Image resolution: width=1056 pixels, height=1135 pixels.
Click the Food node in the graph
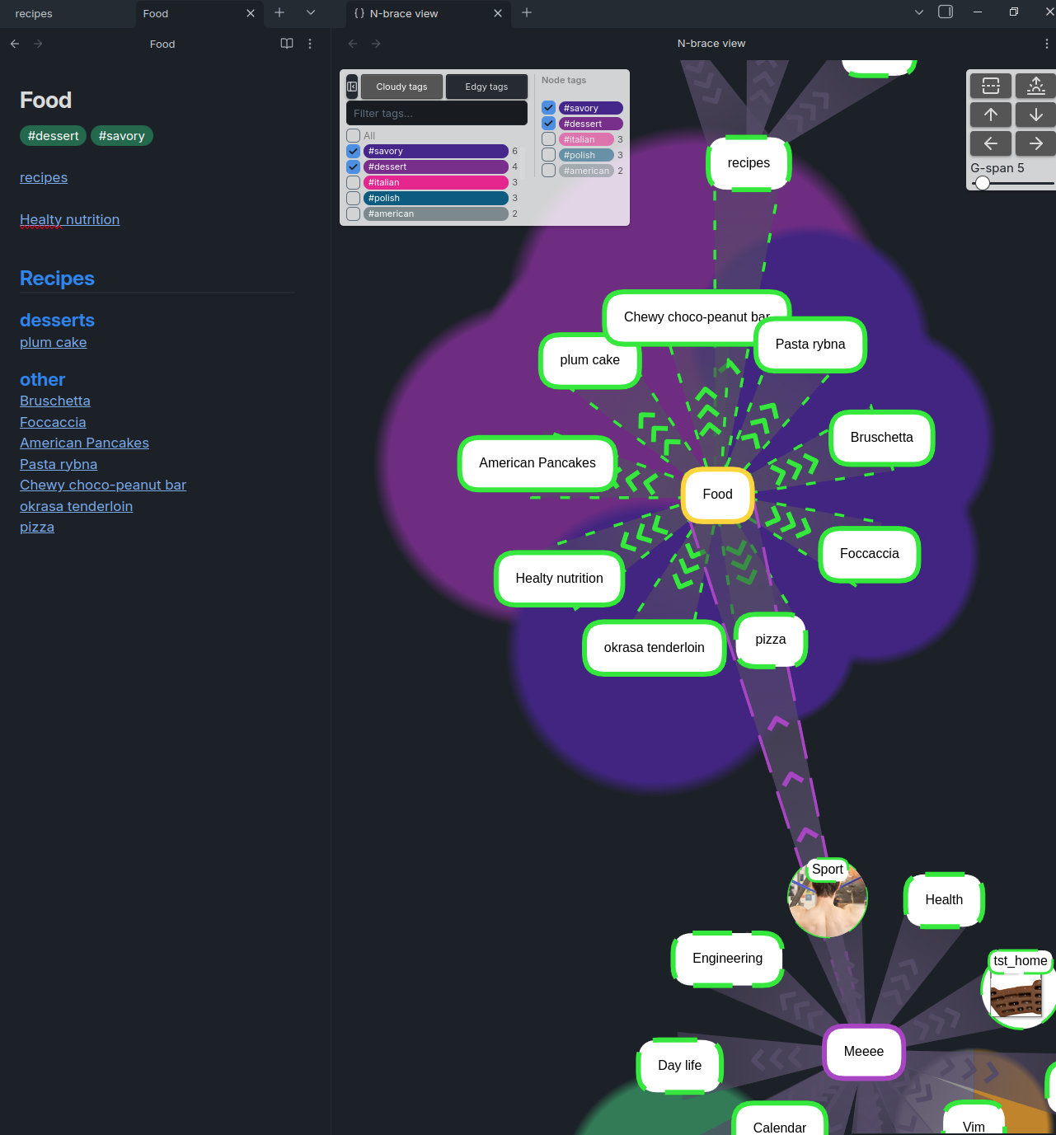pyautogui.click(x=717, y=495)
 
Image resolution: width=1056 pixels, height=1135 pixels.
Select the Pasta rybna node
pyautogui.click(x=810, y=345)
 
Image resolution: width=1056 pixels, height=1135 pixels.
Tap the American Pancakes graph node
pyautogui.click(x=537, y=463)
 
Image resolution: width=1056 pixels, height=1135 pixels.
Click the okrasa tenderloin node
pyautogui.click(x=654, y=648)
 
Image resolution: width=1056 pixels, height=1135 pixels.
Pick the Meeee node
pyautogui.click(x=863, y=1052)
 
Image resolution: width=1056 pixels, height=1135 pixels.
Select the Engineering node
pyautogui.click(x=727, y=959)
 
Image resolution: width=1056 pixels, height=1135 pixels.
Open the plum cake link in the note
pyautogui.click(x=54, y=343)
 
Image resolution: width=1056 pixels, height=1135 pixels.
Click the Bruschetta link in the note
pyautogui.click(x=55, y=401)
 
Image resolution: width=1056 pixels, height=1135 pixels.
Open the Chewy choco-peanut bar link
pyautogui.click(x=103, y=485)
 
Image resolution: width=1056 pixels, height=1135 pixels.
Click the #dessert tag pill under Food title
pyautogui.click(x=54, y=136)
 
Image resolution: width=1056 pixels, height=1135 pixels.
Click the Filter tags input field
pyautogui.click(x=437, y=114)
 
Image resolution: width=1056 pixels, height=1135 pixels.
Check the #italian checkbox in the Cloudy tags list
pyautogui.click(x=354, y=183)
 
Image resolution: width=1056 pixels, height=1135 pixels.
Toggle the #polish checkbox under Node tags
pyautogui.click(x=548, y=155)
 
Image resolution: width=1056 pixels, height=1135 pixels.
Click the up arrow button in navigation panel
pyautogui.click(x=991, y=115)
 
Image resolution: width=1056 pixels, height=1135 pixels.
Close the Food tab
pyautogui.click(x=251, y=13)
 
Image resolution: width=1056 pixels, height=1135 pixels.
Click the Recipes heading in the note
pyautogui.click(x=58, y=279)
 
